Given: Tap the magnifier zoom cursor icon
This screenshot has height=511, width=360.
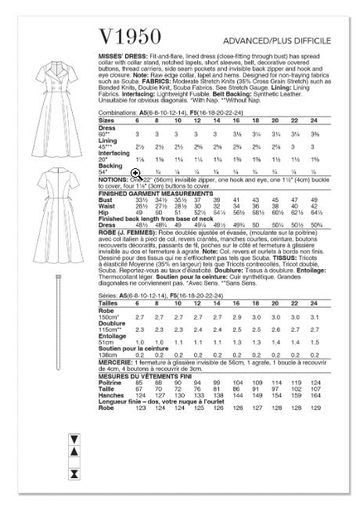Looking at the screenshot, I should coord(136,194).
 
